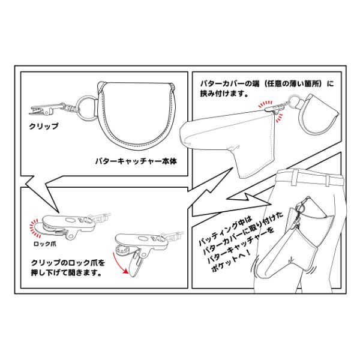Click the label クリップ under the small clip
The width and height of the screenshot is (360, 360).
point(44,127)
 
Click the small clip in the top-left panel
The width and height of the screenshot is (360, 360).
point(43,110)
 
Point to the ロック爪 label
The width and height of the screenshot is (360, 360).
point(46,245)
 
